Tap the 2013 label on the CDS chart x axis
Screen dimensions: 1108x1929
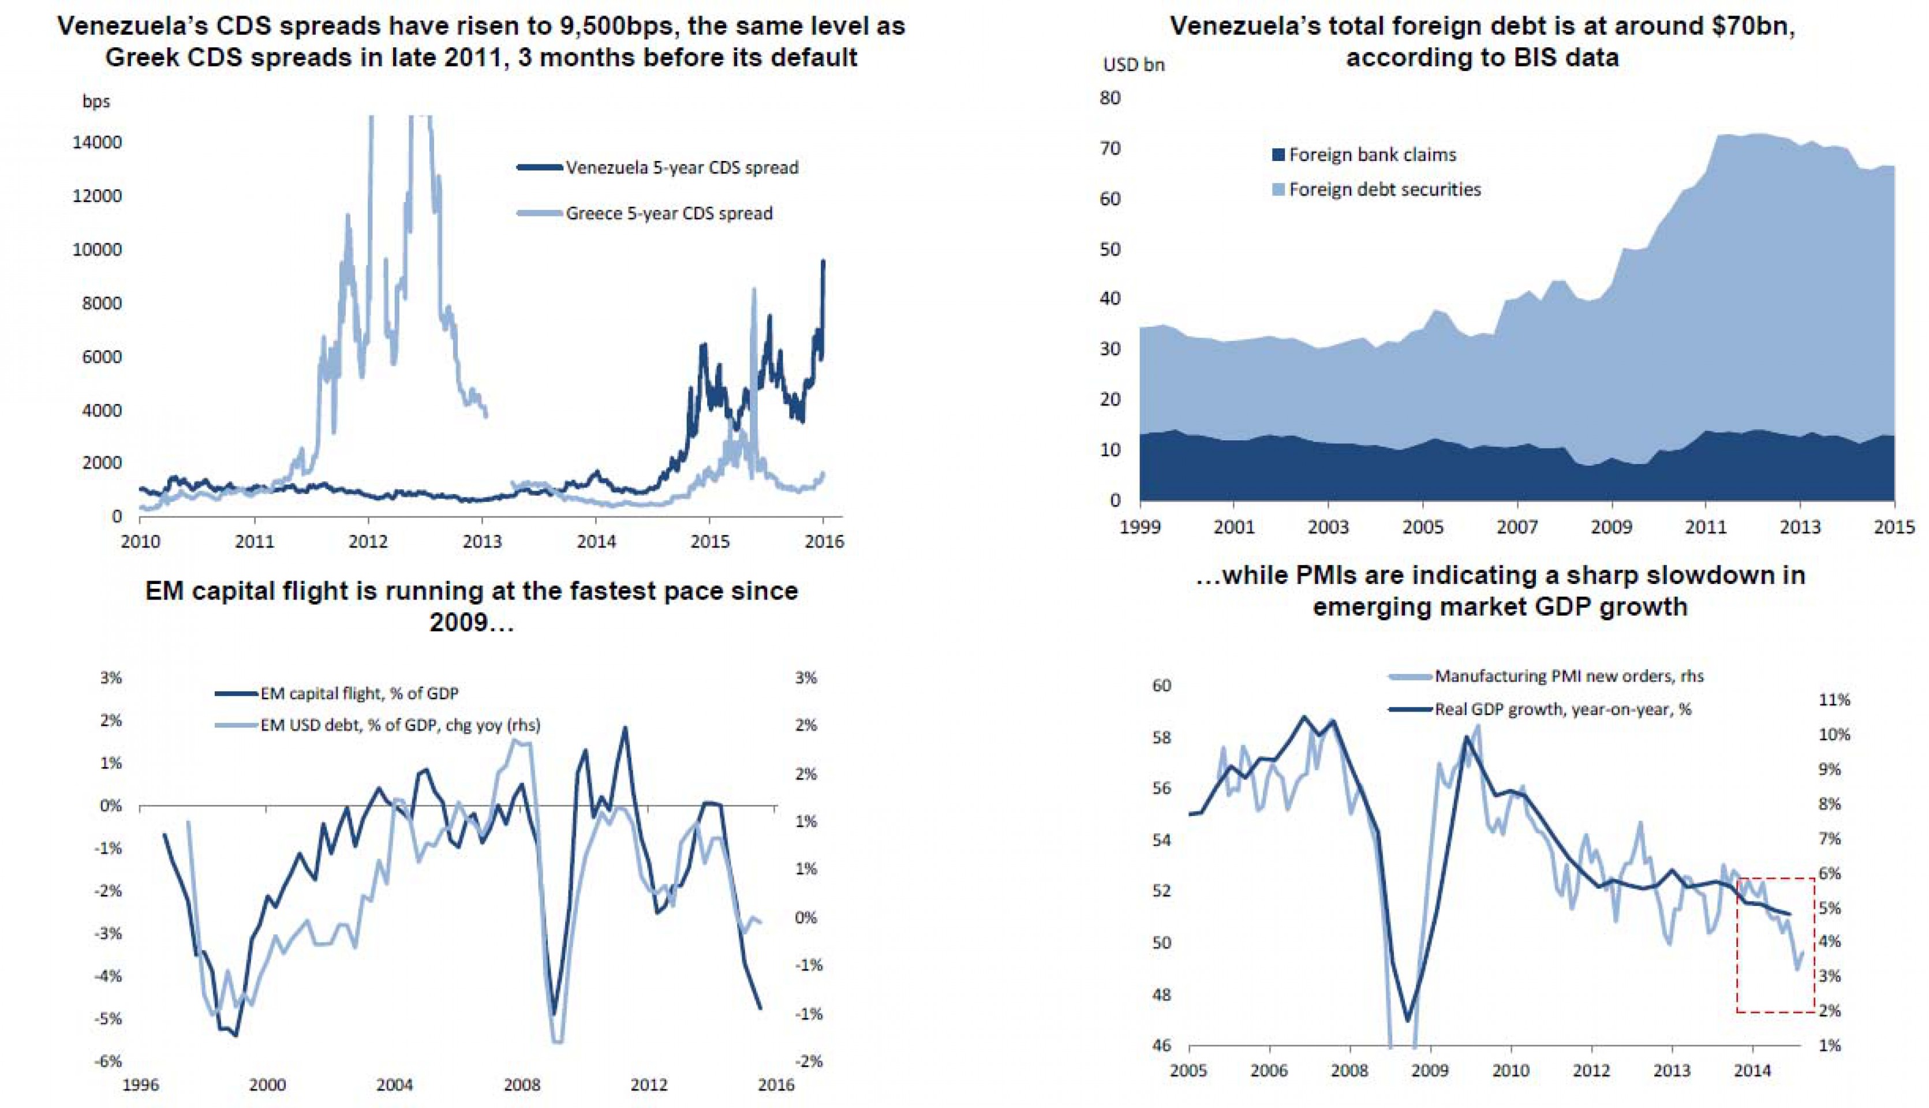(x=482, y=542)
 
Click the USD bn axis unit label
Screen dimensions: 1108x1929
(x=1134, y=65)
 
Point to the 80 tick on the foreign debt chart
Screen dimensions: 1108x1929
(x=1111, y=98)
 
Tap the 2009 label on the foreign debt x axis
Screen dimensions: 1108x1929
(x=1611, y=527)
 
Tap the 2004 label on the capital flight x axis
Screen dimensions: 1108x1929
(x=394, y=1084)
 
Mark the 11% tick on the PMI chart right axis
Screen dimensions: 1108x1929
(x=1834, y=700)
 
